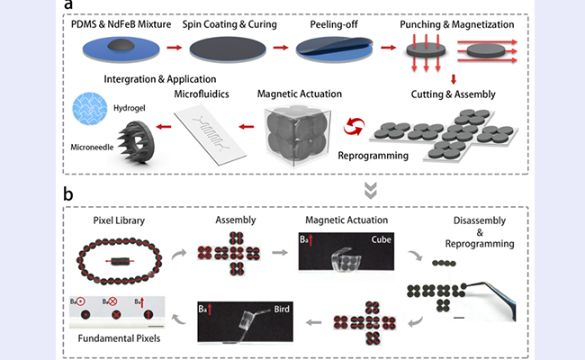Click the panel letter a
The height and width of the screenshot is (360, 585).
[x=69, y=7]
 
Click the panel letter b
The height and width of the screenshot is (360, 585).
[x=69, y=192]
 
